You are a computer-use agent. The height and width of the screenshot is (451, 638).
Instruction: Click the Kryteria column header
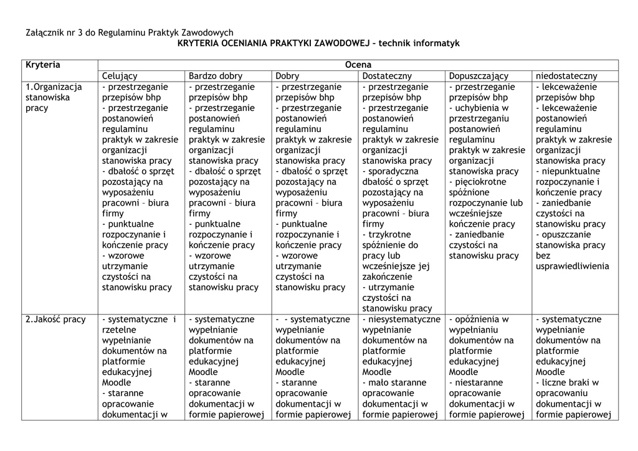[43, 65]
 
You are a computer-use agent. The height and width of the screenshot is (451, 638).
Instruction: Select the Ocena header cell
[358, 65]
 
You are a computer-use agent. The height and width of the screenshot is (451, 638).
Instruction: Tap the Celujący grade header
[120, 76]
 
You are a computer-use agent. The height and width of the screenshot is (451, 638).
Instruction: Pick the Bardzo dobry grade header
[216, 76]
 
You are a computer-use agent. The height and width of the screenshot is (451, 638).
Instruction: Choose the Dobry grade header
[287, 76]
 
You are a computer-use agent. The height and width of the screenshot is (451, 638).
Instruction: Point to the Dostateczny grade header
[387, 76]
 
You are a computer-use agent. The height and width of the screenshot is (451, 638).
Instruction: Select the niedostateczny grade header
[566, 76]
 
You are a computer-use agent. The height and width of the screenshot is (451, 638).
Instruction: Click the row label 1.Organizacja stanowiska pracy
[54, 97]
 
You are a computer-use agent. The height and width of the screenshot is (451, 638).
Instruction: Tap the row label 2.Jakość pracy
[55, 320]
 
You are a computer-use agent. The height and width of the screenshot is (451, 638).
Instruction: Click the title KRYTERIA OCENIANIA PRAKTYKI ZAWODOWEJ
[274, 44]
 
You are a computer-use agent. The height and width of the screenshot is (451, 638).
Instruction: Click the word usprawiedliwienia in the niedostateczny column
[573, 267]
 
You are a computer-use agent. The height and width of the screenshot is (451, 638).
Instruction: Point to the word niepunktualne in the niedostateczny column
[571, 171]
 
